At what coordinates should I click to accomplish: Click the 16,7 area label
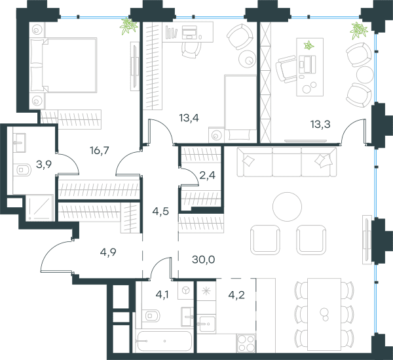click(x=100, y=151)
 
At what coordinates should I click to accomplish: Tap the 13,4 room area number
click(x=189, y=117)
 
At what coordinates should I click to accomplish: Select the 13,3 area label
click(x=320, y=124)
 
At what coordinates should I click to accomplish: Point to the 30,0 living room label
click(x=204, y=260)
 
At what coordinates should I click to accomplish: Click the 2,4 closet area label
click(x=207, y=175)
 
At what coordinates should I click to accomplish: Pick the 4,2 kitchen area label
click(x=236, y=295)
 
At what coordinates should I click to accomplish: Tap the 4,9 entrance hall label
click(x=108, y=252)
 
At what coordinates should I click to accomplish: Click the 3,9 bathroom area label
click(x=44, y=165)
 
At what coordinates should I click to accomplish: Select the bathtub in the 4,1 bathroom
click(x=164, y=341)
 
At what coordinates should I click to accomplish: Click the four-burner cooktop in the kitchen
click(x=246, y=343)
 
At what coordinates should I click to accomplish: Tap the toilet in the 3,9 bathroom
click(x=22, y=170)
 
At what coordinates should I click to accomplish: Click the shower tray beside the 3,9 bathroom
click(x=40, y=208)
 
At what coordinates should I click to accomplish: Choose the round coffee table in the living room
click(x=288, y=207)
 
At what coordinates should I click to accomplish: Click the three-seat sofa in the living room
click(x=287, y=162)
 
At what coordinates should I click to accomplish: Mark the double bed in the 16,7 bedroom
click(x=63, y=65)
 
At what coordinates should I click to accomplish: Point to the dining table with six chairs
click(x=324, y=314)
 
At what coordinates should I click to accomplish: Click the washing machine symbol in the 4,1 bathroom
click(x=186, y=290)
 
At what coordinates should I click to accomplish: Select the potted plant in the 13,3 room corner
click(x=360, y=31)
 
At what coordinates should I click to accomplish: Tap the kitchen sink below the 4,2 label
click(x=206, y=324)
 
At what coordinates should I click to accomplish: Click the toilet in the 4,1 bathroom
click(x=151, y=315)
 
